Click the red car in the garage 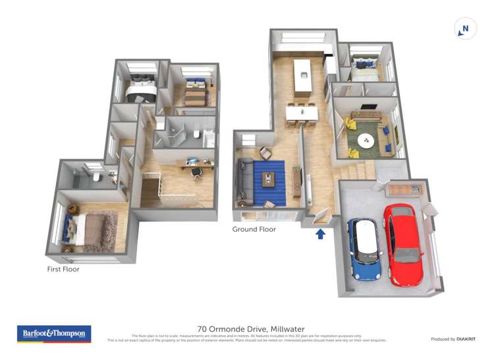[402, 244]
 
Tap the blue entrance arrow [321, 234]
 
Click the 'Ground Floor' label [254, 229]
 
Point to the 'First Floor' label [63, 269]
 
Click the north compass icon [465, 29]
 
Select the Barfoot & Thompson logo [54, 334]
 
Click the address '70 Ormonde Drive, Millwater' [246, 329]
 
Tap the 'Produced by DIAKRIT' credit [454, 339]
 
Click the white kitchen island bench [304, 76]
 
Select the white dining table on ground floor [302, 113]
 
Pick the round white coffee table [366, 141]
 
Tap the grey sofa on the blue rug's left [246, 181]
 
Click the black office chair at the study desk [196, 172]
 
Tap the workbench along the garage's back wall [402, 190]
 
